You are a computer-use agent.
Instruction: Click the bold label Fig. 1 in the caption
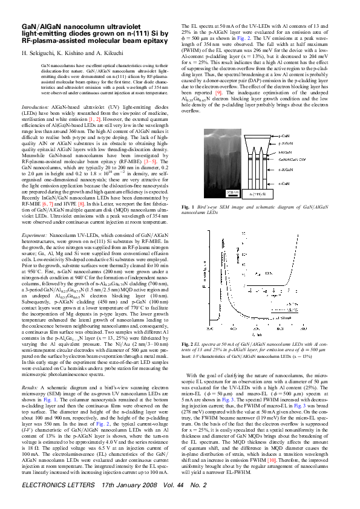[188, 207]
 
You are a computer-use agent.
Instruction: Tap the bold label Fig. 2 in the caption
[188, 344]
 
